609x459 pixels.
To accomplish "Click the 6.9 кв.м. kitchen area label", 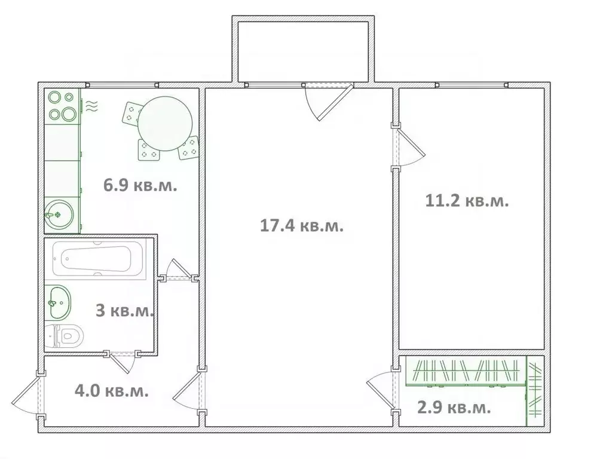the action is point(140,185).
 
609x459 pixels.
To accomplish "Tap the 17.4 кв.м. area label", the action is point(301,226).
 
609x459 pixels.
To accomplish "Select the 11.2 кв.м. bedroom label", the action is point(467,201).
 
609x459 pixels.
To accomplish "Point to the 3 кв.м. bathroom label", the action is point(125,311).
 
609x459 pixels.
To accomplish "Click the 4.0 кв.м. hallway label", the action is point(112,391).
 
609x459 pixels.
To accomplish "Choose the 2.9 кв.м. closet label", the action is point(454,408).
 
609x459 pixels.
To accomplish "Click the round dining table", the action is point(165,124).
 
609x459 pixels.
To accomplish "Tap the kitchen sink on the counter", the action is point(59,214).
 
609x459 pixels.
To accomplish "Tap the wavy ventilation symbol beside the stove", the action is point(91,106).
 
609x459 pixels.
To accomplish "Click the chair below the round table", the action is point(148,150).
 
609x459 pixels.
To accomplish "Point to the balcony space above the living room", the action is point(303,51).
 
